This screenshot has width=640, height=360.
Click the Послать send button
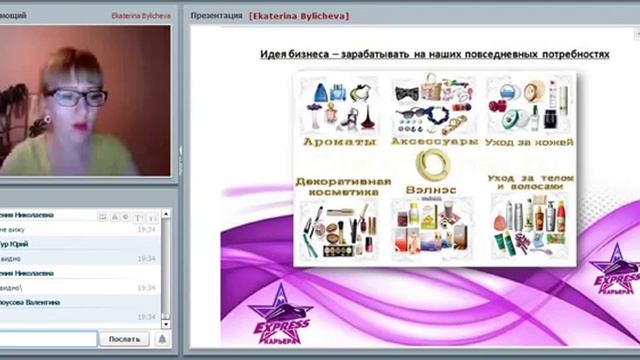coord(124,339)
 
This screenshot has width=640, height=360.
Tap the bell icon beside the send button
coord(162,339)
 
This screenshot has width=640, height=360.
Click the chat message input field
coord(48,339)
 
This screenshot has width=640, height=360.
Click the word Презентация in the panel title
coord(215,16)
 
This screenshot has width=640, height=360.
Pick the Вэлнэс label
coord(431,187)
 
